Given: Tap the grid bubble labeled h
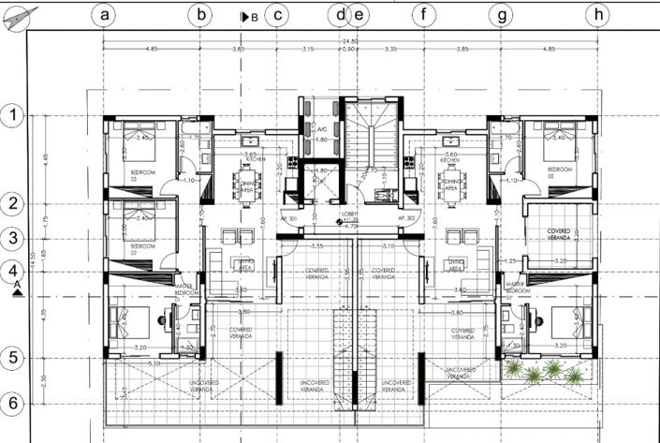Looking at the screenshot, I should pyautogui.click(x=596, y=15).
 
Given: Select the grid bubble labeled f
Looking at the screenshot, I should pyautogui.click(x=424, y=15).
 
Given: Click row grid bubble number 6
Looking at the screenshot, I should pyautogui.click(x=13, y=403).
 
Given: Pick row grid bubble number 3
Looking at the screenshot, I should pyautogui.click(x=13, y=238).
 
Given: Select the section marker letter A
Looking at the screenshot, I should pyautogui.click(x=17, y=286).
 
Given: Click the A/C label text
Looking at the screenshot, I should pyautogui.click(x=321, y=129).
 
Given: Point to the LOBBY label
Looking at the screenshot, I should pyautogui.click(x=352, y=214).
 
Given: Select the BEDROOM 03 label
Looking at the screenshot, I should pyautogui.click(x=143, y=173).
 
